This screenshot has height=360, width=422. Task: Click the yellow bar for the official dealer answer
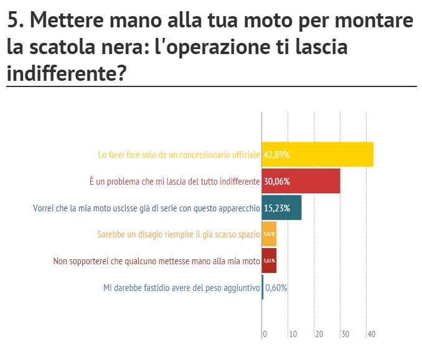317,154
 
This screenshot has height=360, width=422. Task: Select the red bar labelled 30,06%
301,181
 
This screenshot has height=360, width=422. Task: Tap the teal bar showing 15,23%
282,208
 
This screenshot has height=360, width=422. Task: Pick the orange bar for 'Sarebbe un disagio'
269,234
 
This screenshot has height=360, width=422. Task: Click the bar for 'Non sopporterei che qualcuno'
269,261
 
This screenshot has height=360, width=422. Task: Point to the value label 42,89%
277,154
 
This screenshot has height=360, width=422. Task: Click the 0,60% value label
276,288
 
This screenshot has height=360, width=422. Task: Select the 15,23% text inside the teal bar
277,208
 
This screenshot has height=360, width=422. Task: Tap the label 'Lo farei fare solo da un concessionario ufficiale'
179,154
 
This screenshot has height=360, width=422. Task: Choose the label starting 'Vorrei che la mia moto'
146,208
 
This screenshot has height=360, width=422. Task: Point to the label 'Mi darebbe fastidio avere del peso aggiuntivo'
181,288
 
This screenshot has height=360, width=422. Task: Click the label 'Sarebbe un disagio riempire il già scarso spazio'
178,234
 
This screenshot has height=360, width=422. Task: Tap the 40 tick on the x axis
372,335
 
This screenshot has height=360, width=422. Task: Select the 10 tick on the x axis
292,335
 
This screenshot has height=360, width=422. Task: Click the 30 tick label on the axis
345,335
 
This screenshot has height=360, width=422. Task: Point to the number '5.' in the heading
16,20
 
